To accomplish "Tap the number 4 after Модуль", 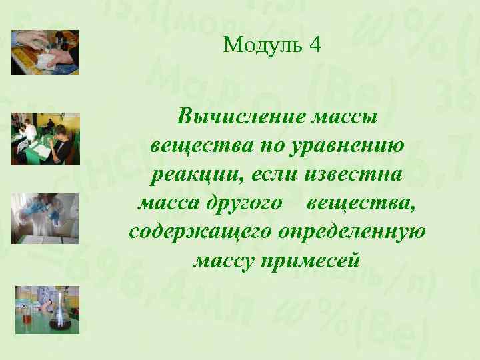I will point(315,45).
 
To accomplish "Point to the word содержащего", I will point(199,232).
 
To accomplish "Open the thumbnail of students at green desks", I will point(45,139).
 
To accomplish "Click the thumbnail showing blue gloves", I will point(45,219).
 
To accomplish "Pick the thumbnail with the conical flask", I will point(47,309).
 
